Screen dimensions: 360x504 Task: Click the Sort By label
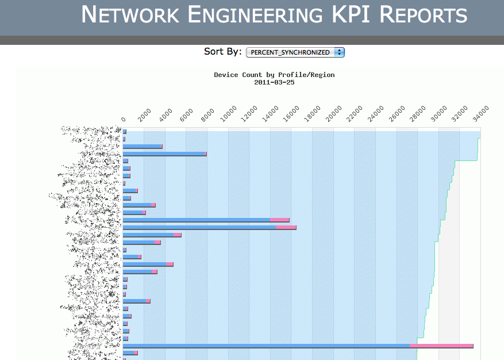coord(222,52)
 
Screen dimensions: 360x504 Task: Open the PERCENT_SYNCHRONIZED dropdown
coord(291,52)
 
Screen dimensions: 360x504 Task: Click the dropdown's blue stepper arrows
coord(339,52)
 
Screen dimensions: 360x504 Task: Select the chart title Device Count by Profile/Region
coord(274,75)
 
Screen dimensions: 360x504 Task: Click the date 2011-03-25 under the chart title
coord(274,82)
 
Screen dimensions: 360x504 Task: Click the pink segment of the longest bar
coord(441,346)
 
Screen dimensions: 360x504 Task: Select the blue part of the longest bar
coord(264,346)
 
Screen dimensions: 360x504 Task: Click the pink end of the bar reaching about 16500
coord(286,227)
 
